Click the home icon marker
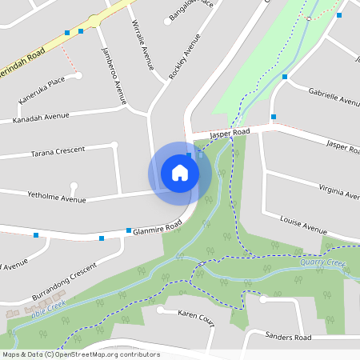pos(180,173)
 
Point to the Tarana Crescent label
pos(58,152)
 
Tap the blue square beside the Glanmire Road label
pos(128,230)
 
